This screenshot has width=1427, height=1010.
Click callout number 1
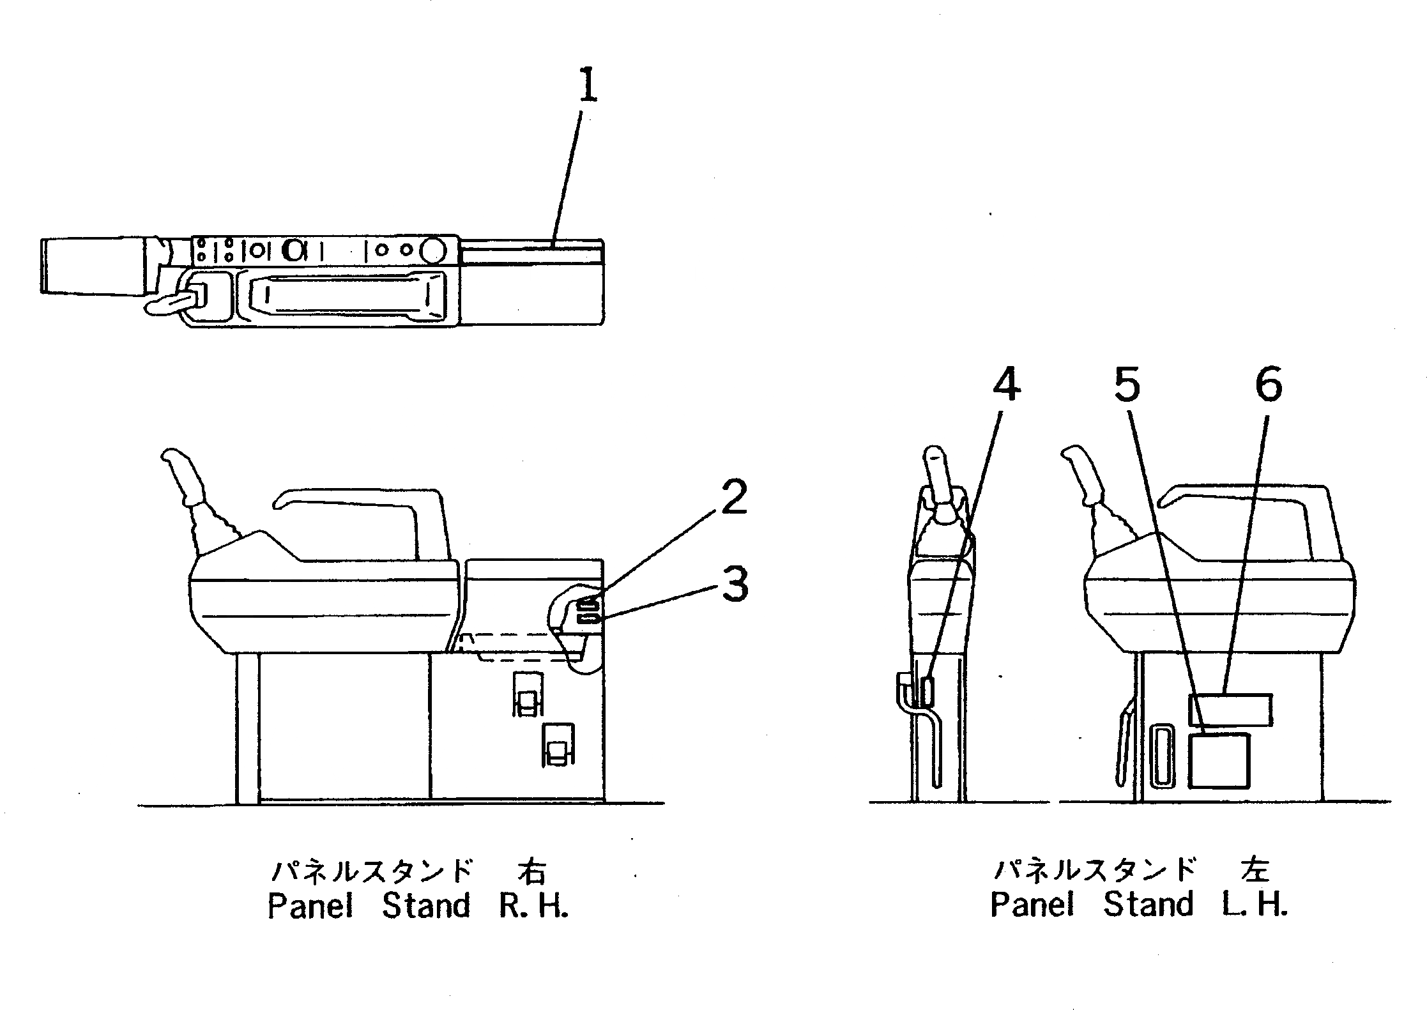click(x=588, y=87)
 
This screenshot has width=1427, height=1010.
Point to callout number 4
click(x=1006, y=384)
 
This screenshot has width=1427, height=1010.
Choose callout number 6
click(x=1269, y=385)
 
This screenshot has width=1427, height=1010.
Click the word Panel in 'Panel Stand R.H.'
click(x=310, y=906)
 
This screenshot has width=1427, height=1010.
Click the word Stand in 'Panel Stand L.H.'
click(x=1148, y=905)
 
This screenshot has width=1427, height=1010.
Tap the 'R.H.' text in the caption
click(x=533, y=906)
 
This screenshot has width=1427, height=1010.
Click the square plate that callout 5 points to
click(x=1219, y=761)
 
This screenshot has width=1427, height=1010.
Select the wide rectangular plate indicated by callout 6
click(x=1230, y=710)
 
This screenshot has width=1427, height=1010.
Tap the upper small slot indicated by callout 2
click(x=588, y=604)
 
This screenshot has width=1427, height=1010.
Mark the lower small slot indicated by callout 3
click(x=588, y=618)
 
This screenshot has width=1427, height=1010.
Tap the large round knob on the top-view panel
click(x=434, y=250)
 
